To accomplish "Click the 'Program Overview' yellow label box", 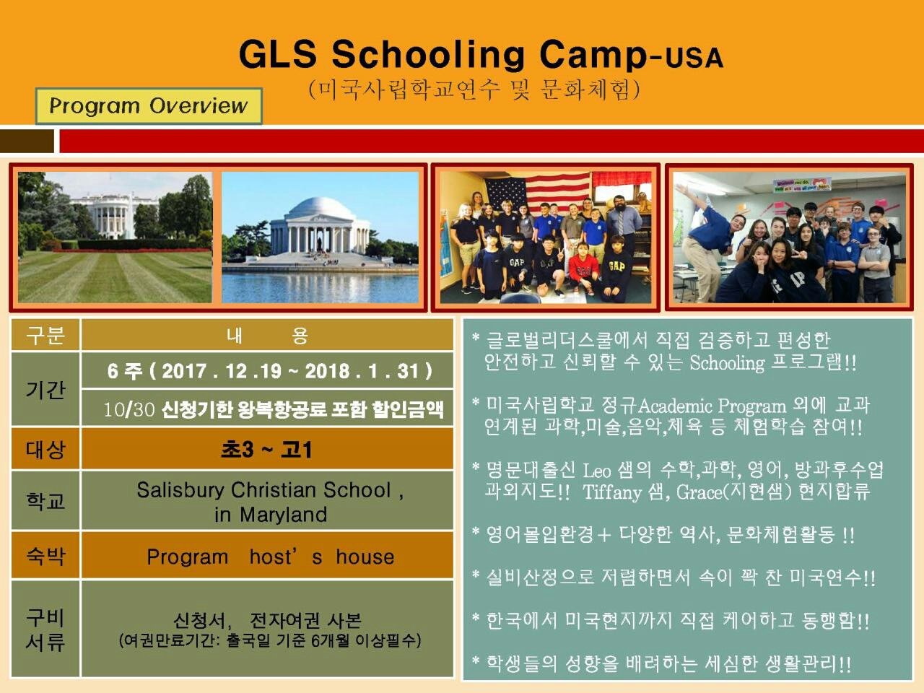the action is tap(149, 106).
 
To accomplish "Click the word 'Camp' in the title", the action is tap(593, 54).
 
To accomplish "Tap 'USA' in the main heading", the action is tap(694, 58).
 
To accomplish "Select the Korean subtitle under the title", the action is tap(474, 90).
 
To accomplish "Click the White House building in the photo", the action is tap(112, 215).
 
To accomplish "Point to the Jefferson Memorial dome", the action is tap(320, 208).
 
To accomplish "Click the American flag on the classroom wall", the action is tap(538, 191).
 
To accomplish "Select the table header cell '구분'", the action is tap(45, 335).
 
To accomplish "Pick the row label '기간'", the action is tap(45, 389).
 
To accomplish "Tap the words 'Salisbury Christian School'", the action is tap(264, 489).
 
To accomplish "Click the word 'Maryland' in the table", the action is tap(283, 514).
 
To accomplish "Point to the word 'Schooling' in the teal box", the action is tap(727, 363).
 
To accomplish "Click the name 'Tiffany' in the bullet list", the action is tap(612, 492).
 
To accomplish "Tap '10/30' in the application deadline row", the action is tap(129, 409).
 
